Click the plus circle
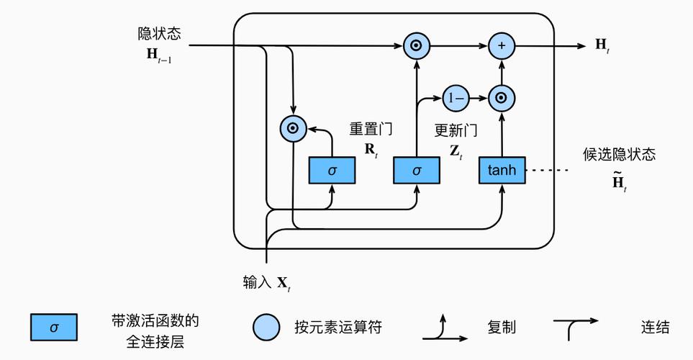pos(502,46)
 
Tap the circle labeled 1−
pos(455,97)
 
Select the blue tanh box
pos(502,170)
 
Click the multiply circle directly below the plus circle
pos(502,97)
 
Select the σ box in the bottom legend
pos(54,327)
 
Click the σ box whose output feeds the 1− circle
pos(417,170)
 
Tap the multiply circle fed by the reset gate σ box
pos(293,130)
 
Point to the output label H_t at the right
pos(602,45)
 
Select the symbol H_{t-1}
pos(158,55)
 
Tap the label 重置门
pos(371,130)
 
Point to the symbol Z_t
pos(456,153)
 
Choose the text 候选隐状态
pos(620,154)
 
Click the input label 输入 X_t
pos(267,283)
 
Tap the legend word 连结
pos(655,327)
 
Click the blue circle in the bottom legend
pos(266,327)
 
